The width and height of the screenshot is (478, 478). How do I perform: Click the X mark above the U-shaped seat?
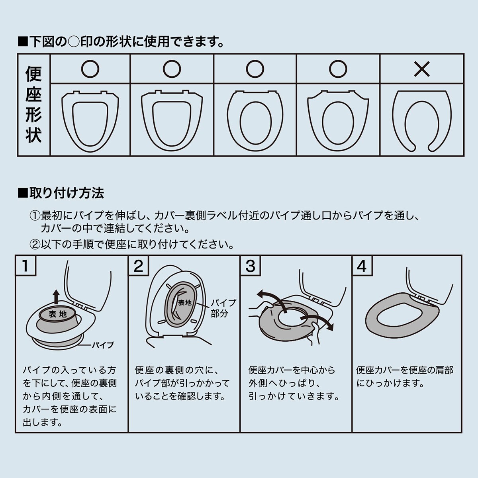pyautogui.click(x=422, y=69)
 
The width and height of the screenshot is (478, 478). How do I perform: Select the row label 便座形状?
pyautogui.click(x=33, y=105)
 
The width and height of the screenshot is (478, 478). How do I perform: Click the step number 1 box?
pyautogui.click(x=25, y=266)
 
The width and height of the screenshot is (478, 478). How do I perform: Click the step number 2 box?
pyautogui.click(x=138, y=266)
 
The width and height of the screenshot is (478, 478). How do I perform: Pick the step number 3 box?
pyautogui.click(x=251, y=266)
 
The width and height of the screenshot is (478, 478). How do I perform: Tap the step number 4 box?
pyautogui.click(x=362, y=266)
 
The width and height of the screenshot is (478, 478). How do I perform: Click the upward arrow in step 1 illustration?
pyautogui.click(x=57, y=297)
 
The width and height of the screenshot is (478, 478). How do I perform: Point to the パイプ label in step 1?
pyautogui.click(x=103, y=345)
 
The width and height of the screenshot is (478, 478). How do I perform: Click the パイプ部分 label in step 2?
pyautogui.click(x=223, y=308)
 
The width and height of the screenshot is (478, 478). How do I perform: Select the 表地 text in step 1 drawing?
pyautogui.click(x=58, y=314)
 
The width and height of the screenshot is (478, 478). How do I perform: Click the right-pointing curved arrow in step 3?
pyautogui.click(x=319, y=319)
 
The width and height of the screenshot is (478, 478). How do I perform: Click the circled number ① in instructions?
pyautogui.click(x=35, y=216)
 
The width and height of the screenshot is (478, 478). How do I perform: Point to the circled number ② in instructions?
pyautogui.click(x=35, y=244)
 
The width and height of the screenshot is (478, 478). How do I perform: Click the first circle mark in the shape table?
pyautogui.click(x=90, y=69)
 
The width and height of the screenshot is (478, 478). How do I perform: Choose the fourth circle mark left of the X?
pyautogui.click(x=338, y=69)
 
